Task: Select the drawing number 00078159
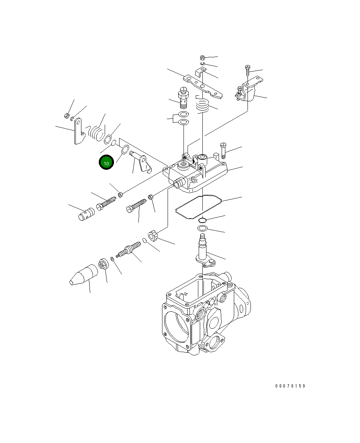[290, 386]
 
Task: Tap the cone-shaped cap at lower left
[84, 275]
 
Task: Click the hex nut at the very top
[202, 58]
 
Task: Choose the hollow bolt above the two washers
[183, 97]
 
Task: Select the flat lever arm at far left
[79, 131]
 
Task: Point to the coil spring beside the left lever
[97, 132]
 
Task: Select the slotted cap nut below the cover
[153, 235]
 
